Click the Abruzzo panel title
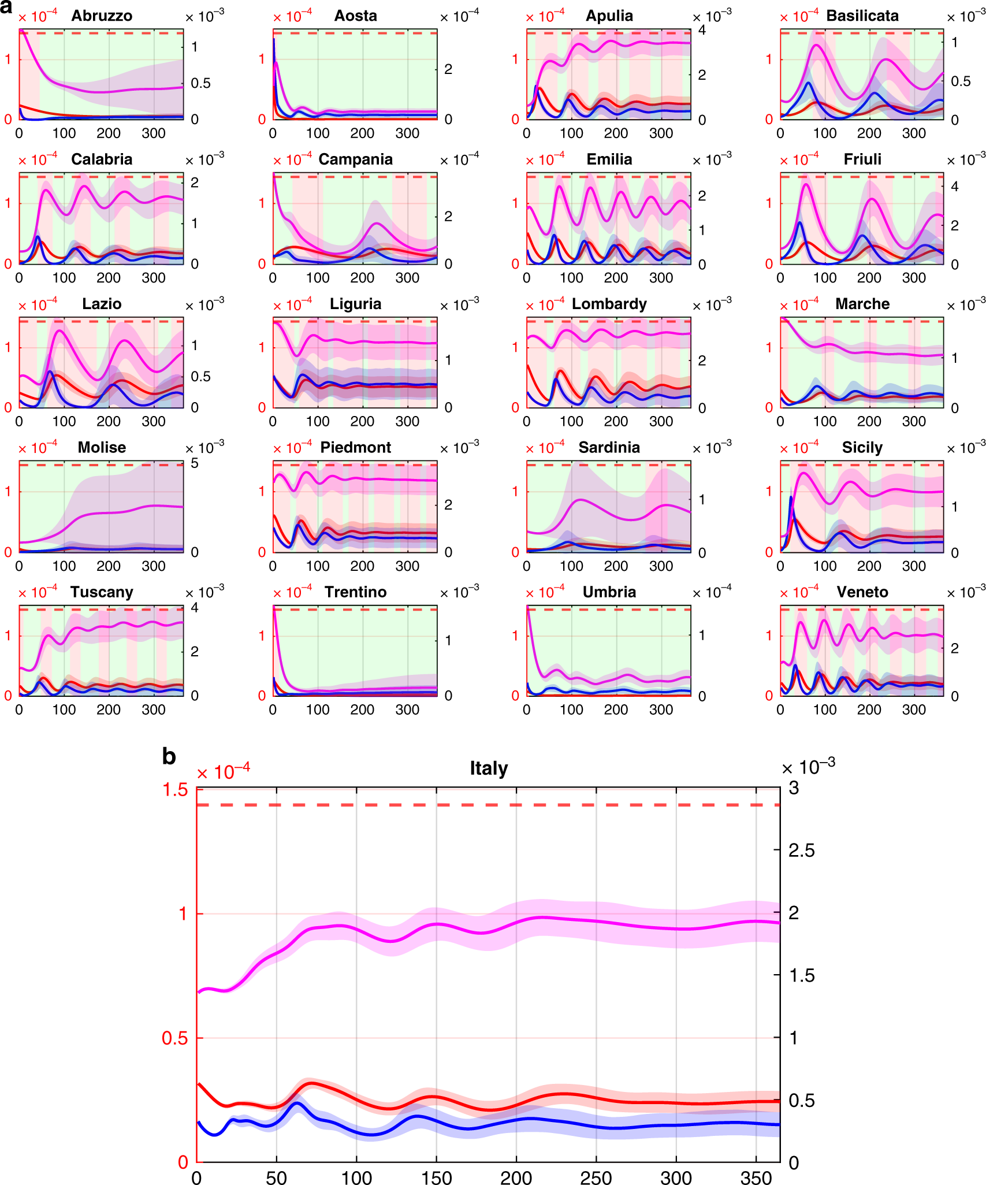102,16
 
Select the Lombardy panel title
609,304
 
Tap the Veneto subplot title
862,592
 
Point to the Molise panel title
102,448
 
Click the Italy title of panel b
489,768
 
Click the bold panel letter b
169,756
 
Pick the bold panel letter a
6,7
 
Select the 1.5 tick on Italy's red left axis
176,789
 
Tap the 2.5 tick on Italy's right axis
802,850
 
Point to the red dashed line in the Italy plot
489,805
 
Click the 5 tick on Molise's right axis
195,463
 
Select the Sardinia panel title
609,448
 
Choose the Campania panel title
355,159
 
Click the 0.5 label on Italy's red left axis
174,1038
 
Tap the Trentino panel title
355,592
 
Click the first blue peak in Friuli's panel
800,222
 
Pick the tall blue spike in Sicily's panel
791,497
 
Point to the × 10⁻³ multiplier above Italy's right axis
808,767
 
